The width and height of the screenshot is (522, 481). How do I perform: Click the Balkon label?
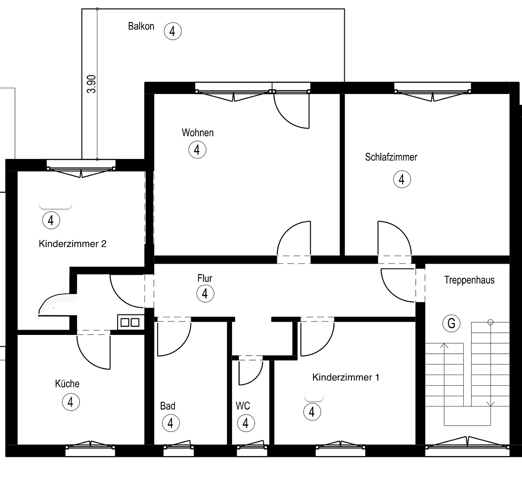[141, 26]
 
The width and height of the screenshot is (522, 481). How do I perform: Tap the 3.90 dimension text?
[91, 84]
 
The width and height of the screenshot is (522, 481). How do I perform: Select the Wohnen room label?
[197, 133]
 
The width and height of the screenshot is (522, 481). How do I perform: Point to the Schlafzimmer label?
[391, 157]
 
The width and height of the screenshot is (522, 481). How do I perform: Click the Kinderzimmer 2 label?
[73, 244]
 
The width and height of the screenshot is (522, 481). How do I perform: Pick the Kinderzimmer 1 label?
[346, 378]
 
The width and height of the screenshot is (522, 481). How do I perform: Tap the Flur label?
[205, 278]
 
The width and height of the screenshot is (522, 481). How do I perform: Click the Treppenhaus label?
[469, 280]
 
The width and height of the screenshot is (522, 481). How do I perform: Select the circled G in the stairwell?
[451, 323]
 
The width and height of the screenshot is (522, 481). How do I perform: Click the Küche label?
[67, 383]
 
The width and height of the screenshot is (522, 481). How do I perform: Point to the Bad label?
[167, 406]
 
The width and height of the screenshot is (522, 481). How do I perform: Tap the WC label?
[243, 406]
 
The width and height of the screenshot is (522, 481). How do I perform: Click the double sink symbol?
[129, 322]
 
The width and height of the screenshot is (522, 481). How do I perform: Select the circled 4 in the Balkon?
[172, 31]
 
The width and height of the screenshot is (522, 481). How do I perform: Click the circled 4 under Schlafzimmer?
[402, 179]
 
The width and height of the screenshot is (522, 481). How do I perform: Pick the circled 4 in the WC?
[245, 423]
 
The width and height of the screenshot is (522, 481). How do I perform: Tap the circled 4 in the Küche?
[70, 402]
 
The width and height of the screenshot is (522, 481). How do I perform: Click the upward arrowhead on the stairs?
[444, 345]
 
